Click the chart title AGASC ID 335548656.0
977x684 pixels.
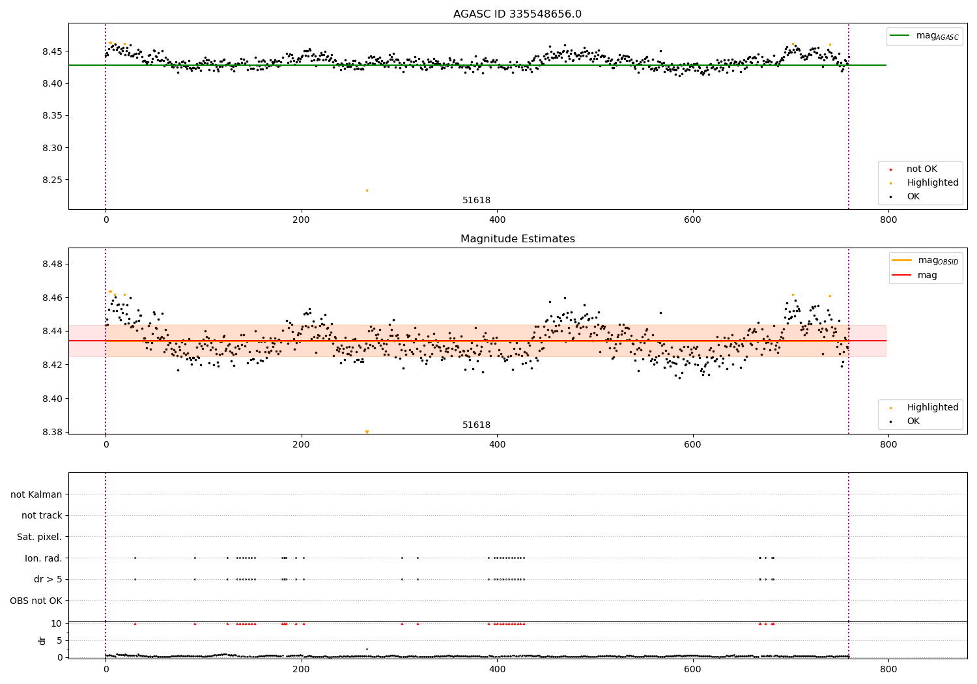click(x=517, y=14)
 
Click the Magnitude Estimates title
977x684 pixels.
click(x=517, y=239)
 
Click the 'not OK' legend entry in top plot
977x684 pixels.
click(x=921, y=169)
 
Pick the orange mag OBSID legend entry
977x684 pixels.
click(x=925, y=261)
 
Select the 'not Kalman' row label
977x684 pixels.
click(x=36, y=495)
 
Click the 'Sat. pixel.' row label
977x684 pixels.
click(x=40, y=537)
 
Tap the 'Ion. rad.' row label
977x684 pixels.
click(x=44, y=558)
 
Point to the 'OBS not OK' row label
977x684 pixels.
click(x=36, y=601)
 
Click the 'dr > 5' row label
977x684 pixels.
click(x=48, y=580)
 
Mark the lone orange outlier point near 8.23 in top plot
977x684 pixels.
click(x=367, y=191)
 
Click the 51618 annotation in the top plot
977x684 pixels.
click(x=476, y=201)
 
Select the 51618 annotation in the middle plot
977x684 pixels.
click(x=476, y=425)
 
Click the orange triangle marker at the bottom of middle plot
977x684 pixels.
click(x=367, y=432)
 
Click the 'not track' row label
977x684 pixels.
click(x=42, y=516)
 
